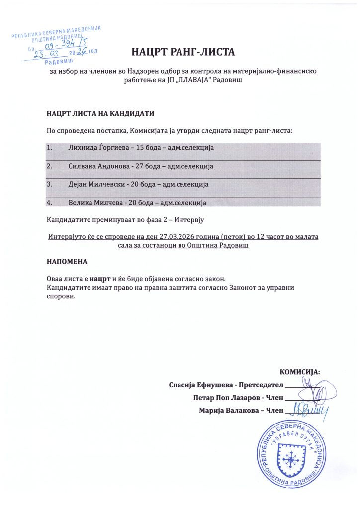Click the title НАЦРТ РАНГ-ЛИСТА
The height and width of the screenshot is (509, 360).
click(182, 51)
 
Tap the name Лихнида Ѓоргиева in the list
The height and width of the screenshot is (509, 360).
click(96, 148)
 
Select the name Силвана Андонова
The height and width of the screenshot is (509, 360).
click(97, 166)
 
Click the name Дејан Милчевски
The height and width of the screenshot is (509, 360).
click(95, 184)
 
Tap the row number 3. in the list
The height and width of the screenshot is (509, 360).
click(49, 184)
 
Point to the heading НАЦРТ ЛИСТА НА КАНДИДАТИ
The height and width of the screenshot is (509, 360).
click(100, 113)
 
